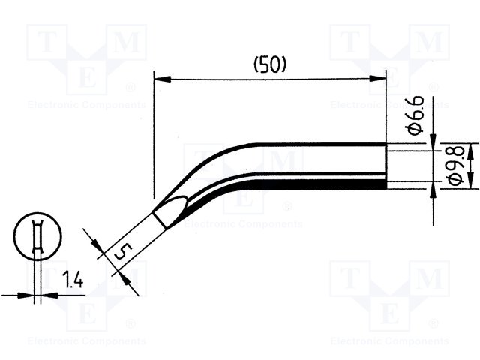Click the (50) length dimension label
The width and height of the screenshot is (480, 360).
click(x=270, y=65)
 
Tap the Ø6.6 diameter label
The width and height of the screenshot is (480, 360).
click(x=416, y=115)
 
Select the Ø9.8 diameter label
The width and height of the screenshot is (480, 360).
click(x=456, y=166)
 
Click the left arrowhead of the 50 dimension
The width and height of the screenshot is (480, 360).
click(x=162, y=79)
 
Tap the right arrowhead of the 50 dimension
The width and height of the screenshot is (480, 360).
click(x=378, y=79)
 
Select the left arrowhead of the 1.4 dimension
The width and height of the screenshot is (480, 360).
click(x=25, y=295)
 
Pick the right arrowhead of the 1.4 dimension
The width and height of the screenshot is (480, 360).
click(x=49, y=295)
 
